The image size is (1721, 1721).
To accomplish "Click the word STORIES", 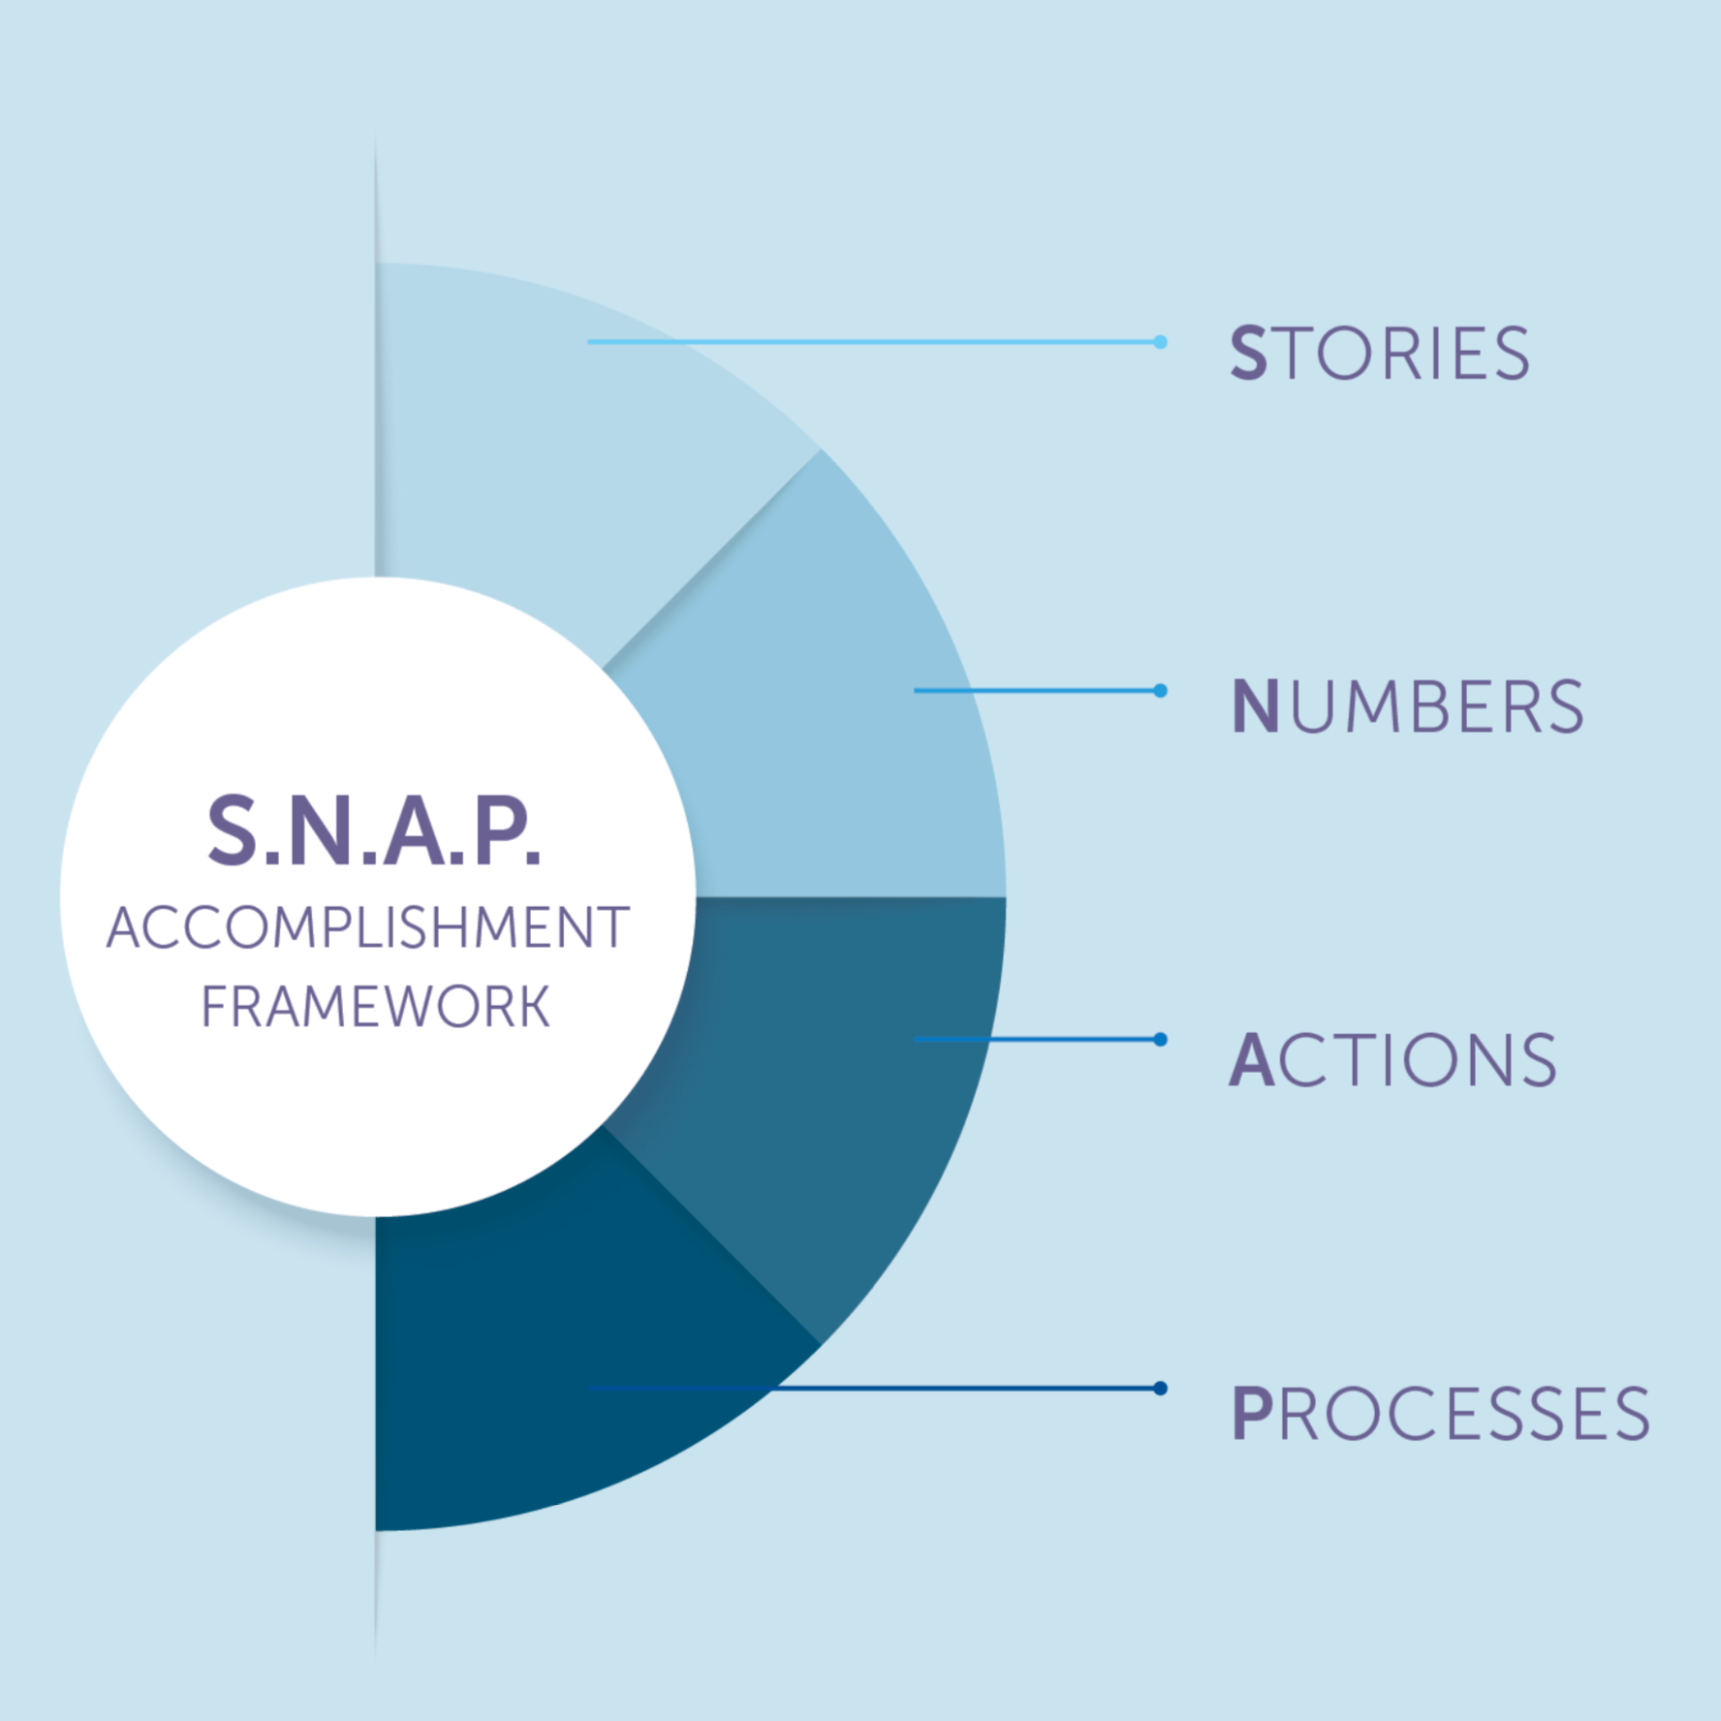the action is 1380,353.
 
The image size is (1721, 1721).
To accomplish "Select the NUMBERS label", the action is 1407,706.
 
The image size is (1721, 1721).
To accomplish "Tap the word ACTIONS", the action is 1392,1059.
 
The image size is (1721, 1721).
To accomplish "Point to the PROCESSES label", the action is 1440,1413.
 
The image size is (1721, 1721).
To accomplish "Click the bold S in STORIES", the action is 1248,353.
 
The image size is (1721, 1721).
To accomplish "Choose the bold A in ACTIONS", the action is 1251,1059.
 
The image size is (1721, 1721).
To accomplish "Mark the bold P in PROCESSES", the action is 1251,1413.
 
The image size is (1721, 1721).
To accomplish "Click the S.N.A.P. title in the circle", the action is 374,830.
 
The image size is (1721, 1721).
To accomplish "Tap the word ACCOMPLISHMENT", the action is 368,927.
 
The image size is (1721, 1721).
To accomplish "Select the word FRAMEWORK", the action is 375,1006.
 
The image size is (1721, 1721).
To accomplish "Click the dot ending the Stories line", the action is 1160,342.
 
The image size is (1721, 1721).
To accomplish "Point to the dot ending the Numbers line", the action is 1160,691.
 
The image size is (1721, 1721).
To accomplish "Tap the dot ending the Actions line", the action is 1160,1040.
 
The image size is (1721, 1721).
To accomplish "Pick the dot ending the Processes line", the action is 1160,1389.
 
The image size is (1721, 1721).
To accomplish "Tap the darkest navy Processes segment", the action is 543,1357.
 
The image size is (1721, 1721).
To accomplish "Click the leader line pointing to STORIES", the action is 873,342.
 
